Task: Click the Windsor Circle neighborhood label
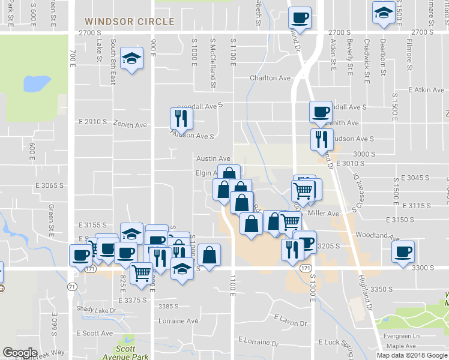point(130,22)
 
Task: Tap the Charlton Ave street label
point(270,78)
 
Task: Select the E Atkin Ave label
point(426,90)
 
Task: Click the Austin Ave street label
point(214,158)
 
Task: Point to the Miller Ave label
point(323,213)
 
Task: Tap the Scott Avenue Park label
point(133,352)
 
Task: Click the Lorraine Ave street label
point(178,321)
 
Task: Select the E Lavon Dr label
point(289,320)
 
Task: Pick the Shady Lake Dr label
point(96,310)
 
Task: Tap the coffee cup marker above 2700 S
point(299,17)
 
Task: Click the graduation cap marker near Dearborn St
point(382,13)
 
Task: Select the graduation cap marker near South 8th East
point(131,59)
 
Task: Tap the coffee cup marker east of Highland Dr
point(403,251)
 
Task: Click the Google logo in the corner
point(20,353)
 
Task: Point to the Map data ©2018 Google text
point(411,355)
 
